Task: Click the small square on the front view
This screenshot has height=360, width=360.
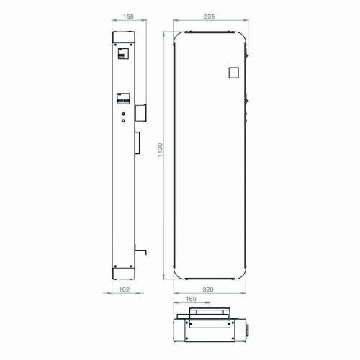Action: (x=233, y=72)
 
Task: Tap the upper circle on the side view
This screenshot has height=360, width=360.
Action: (x=123, y=112)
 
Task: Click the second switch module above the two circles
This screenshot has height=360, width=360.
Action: (x=123, y=99)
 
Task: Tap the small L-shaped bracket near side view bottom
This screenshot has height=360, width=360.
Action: (x=141, y=252)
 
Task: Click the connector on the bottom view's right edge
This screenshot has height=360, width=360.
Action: (x=248, y=329)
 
